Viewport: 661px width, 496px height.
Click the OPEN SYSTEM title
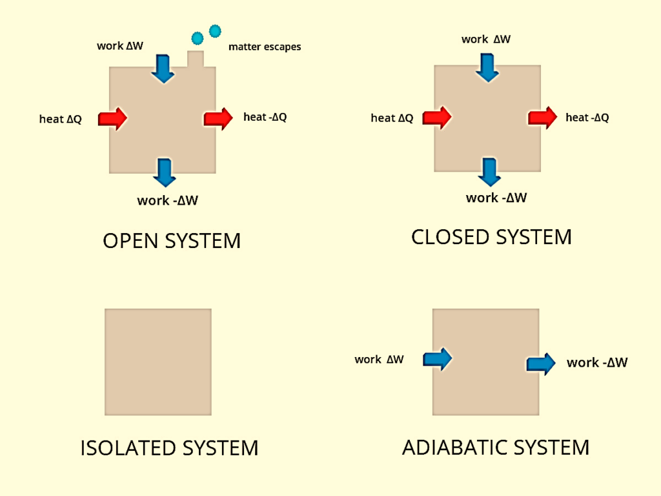[172, 241]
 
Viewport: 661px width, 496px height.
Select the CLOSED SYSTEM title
[491, 237]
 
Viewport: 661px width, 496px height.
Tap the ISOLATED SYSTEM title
[169, 448]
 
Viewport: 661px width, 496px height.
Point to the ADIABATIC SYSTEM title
[495, 447]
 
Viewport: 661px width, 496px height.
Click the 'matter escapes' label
[265, 47]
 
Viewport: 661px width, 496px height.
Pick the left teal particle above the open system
[198, 37]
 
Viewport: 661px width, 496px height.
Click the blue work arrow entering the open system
[163, 68]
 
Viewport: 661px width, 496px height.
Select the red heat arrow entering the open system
[113, 118]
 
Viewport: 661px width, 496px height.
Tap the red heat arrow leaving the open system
[218, 118]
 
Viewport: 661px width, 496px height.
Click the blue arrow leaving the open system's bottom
[165, 172]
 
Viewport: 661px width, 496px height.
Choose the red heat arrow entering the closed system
[437, 118]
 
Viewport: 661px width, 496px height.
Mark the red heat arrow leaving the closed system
[542, 118]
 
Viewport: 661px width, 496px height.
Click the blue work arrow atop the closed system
[487, 67]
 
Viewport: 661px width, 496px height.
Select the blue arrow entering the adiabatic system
[437, 358]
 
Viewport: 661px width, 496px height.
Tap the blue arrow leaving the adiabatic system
[541, 364]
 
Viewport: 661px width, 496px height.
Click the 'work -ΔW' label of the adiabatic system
[596, 363]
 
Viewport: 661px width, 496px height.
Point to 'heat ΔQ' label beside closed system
[392, 118]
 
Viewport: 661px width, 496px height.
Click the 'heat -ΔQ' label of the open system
[265, 117]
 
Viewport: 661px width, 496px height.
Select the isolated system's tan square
[158, 362]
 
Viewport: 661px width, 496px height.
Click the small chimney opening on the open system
[196, 58]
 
